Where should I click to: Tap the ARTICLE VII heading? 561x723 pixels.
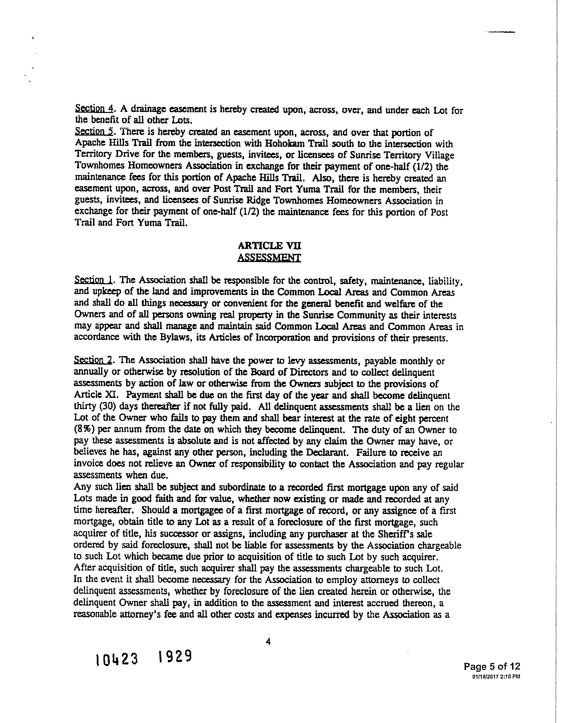click(x=269, y=246)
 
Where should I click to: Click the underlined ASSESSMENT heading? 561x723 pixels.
click(x=269, y=258)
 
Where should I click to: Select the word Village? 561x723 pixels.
click(x=437, y=155)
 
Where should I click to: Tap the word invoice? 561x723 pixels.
click(x=87, y=464)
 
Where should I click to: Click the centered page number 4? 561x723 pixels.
click(x=268, y=642)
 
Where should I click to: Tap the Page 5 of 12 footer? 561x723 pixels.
click(x=492, y=666)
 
